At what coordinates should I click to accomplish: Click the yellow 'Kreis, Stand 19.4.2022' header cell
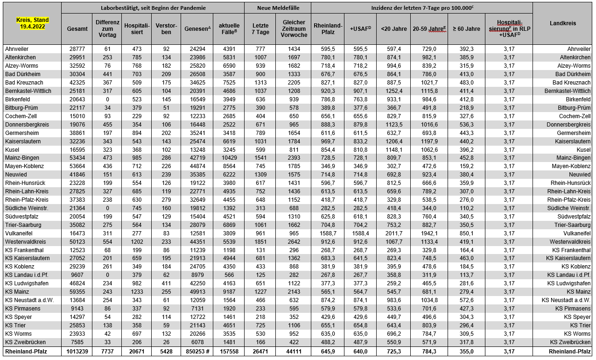click(31, 24)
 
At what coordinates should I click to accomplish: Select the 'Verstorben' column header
click(167, 29)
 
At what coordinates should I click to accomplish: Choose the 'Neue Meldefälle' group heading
click(278, 8)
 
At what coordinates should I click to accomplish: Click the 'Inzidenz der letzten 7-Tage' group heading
click(421, 8)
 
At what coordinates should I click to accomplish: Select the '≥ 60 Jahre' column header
click(466, 29)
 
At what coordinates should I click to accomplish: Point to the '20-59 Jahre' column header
click(429, 29)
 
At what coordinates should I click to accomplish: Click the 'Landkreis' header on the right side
click(562, 23)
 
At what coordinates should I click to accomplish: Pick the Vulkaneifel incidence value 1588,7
click(328, 233)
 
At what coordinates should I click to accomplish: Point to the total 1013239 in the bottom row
click(76, 351)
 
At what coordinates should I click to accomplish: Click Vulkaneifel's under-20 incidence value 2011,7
click(393, 233)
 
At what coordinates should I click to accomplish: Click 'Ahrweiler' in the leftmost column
click(17, 49)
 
